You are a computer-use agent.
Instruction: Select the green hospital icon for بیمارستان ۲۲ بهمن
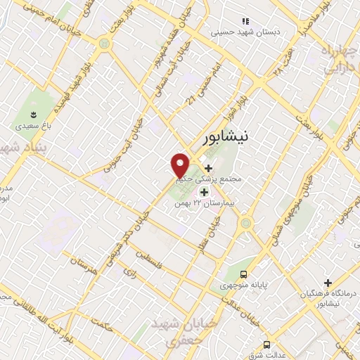[204, 192]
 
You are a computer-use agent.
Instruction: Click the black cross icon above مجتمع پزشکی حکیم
[208, 167]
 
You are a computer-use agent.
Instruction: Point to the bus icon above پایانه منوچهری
[243, 274]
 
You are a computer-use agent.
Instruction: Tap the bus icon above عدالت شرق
[266, 345]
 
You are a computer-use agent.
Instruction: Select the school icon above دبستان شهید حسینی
[245, 22]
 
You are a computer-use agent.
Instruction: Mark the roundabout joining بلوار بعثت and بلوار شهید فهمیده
[105, 43]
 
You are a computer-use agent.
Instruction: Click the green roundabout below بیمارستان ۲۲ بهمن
[245, 224]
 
